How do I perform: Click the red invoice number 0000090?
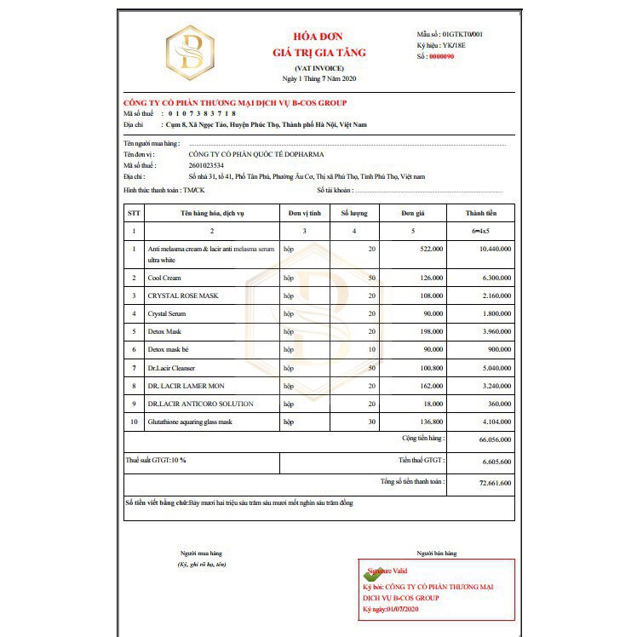(443, 56)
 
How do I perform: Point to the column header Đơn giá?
(413, 213)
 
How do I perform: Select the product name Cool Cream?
(164, 278)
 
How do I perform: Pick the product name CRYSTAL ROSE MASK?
(183, 296)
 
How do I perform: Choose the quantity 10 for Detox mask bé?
(370, 350)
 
